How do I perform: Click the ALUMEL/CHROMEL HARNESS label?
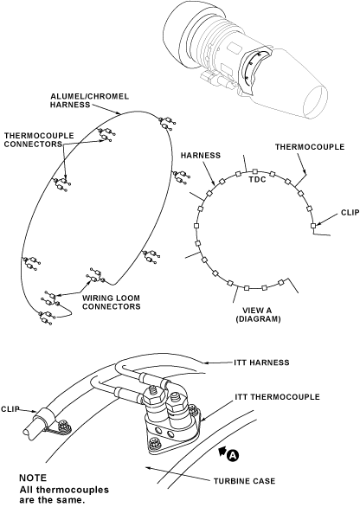[90, 100]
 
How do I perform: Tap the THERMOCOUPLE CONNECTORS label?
[39, 140]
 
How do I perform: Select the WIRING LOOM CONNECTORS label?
[112, 302]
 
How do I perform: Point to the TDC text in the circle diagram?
[257, 179]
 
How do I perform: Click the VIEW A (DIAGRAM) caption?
[258, 315]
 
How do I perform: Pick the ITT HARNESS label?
[261, 363]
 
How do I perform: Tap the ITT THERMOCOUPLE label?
[277, 397]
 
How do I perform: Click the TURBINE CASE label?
[245, 481]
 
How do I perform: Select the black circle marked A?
[233, 455]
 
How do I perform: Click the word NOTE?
[33, 478]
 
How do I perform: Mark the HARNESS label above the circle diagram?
[201, 156]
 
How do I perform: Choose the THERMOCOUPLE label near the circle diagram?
[310, 147]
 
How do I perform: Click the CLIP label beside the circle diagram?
[350, 213]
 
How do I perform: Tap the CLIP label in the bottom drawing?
[10, 409]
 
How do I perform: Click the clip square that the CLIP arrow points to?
[312, 225]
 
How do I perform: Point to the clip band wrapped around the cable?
[46, 416]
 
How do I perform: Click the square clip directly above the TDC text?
[255, 171]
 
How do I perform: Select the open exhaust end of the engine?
[315, 102]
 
